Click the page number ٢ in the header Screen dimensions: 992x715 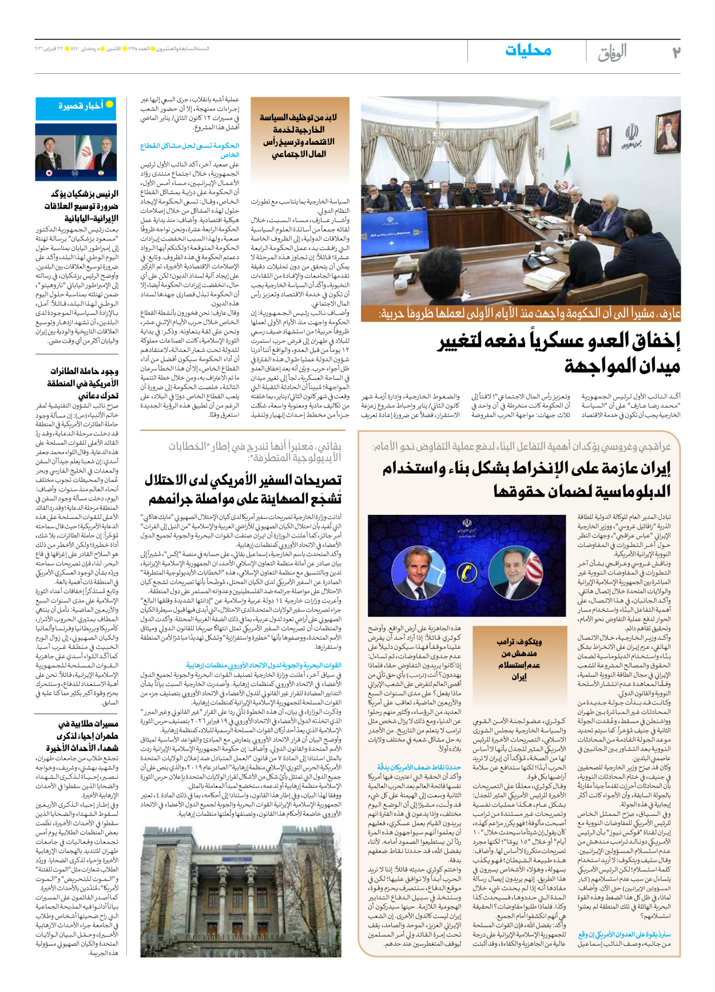[676, 52]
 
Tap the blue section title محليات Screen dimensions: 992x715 [528, 50]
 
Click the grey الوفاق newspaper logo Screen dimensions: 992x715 [612, 53]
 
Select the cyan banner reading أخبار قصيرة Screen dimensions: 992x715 [76, 106]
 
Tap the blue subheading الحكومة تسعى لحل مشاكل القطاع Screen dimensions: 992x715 [190, 150]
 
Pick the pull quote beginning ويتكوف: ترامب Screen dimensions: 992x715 [519, 658]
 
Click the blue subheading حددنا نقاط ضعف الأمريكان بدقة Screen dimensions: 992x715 [419, 767]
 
